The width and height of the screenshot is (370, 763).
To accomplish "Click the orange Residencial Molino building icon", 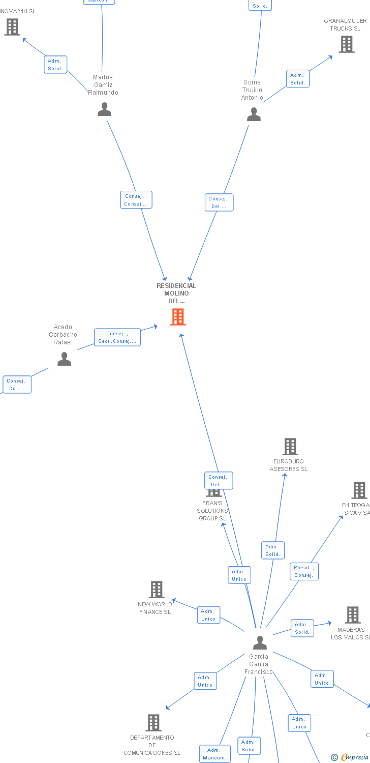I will click(177, 317).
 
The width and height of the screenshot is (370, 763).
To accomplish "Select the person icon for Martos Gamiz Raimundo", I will click(104, 109).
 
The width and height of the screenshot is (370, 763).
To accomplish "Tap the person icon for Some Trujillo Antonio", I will click(254, 114).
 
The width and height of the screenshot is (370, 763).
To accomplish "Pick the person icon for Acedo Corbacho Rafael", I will click(64, 359).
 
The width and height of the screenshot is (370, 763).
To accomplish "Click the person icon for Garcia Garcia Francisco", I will click(260, 642).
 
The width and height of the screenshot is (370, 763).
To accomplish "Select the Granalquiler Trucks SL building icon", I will click(347, 44).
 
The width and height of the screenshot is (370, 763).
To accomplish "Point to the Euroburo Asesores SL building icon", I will click(290, 447).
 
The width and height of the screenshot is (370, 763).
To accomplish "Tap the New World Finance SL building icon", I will click(156, 590).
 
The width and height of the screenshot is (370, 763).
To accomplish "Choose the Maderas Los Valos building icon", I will click(353, 615).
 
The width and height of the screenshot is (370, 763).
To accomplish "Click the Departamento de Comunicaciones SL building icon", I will click(153, 722).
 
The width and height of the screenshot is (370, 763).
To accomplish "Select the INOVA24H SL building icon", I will click(12, 27).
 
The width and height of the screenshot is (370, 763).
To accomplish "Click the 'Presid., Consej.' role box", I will click(304, 571).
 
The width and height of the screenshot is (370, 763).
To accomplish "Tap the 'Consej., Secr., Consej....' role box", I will click(117, 337).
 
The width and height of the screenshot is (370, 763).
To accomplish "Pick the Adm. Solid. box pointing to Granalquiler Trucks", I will click(298, 79).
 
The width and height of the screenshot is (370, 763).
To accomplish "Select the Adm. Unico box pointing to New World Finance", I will click(208, 615).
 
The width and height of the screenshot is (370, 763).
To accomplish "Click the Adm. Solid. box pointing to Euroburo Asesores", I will click(273, 550).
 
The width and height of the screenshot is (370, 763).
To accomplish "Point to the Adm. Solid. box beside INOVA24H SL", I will click(55, 65).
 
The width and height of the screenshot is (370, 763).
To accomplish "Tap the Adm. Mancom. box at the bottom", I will click(214, 754).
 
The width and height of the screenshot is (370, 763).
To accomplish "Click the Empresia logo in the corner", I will click(351, 757).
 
